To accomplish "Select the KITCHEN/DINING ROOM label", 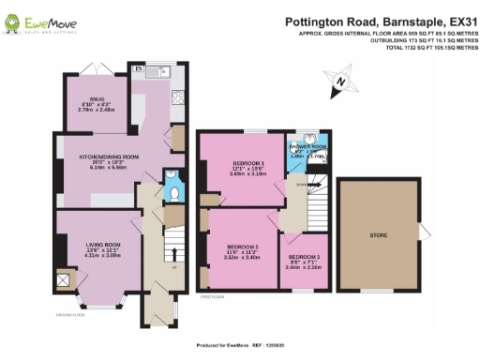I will coord(109,157).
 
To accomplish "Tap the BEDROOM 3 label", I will coord(303,260).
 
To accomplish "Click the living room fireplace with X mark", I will coord(64,279).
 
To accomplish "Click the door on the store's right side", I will coord(424,232).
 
